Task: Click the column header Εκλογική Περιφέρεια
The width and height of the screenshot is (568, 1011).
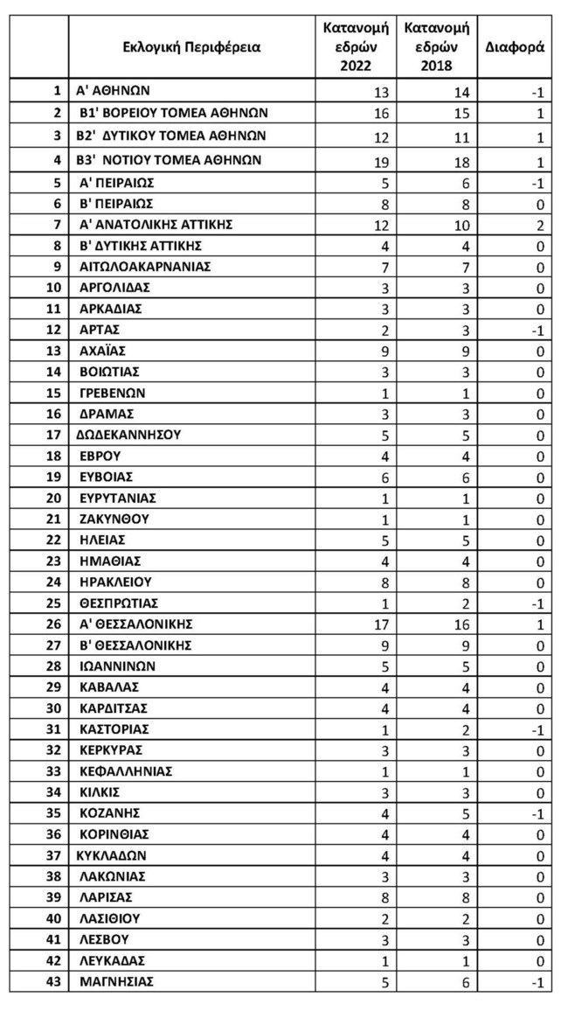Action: point(191,48)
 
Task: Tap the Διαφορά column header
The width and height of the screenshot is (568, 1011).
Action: point(514,47)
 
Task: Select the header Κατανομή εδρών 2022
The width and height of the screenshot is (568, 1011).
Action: point(354,47)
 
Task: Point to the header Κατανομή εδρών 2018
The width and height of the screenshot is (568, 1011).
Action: point(434,47)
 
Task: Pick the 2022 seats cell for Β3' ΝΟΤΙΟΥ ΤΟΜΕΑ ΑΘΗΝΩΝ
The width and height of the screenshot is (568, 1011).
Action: point(354,162)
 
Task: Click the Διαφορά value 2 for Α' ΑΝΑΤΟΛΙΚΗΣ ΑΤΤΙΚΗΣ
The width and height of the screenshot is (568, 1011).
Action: point(540,226)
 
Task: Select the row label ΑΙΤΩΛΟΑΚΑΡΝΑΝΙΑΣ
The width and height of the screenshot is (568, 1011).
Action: point(145,267)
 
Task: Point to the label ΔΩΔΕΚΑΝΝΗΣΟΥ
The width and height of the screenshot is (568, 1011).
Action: point(130,435)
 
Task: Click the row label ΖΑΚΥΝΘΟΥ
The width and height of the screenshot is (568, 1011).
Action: point(114,519)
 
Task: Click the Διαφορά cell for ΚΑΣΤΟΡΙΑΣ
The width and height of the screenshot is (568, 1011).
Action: point(538,730)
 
